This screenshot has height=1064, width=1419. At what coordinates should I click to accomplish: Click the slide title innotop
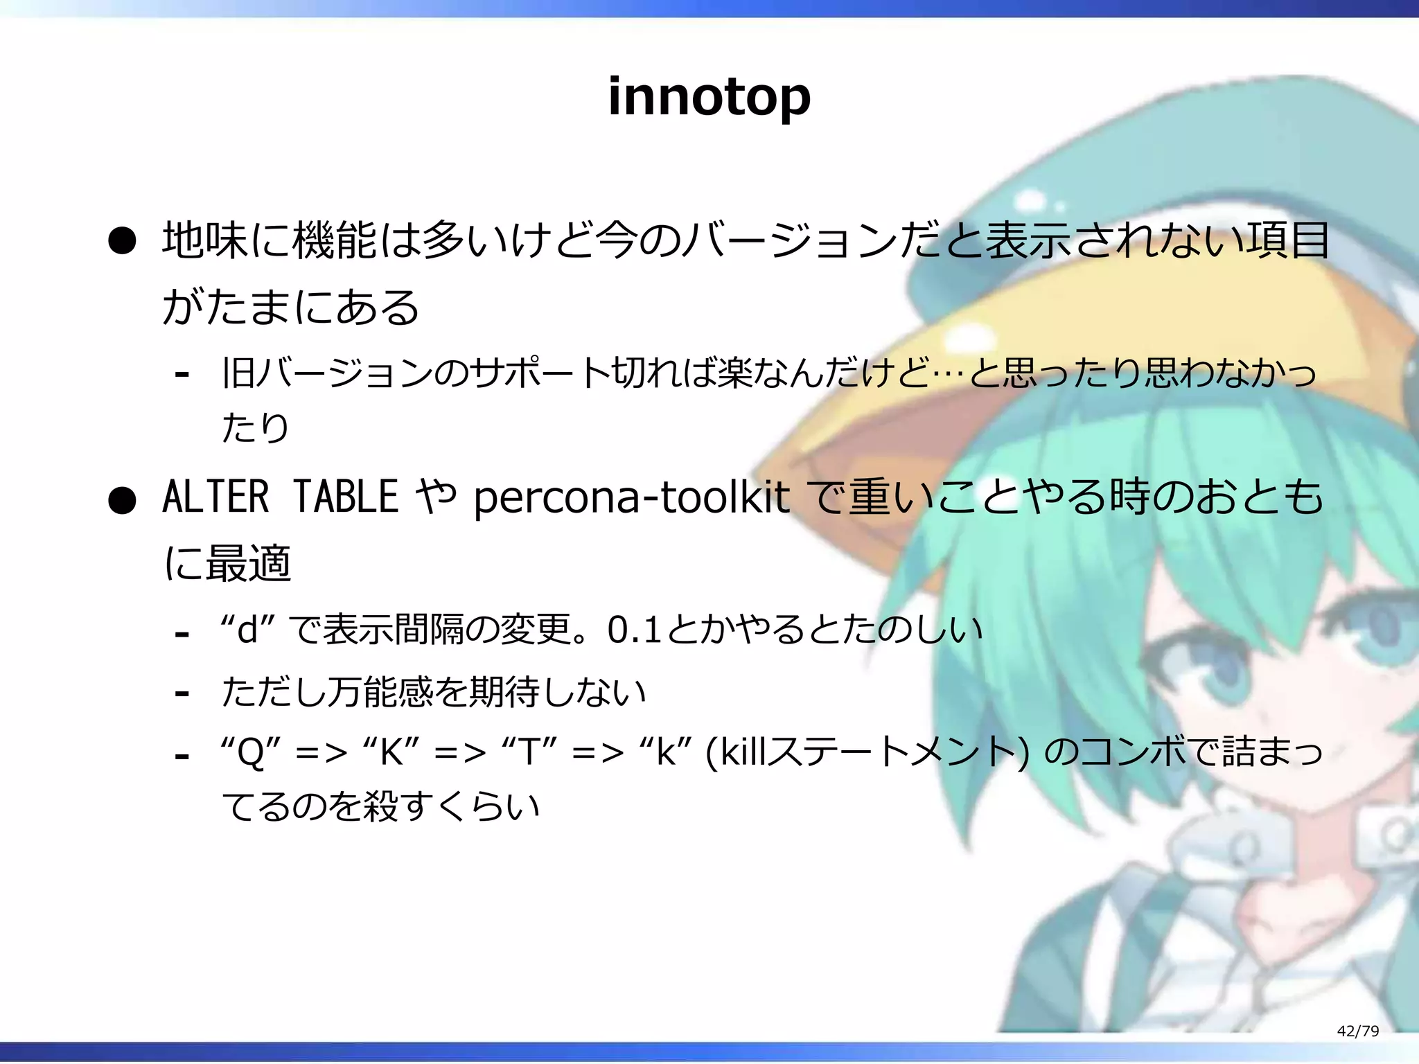click(x=709, y=97)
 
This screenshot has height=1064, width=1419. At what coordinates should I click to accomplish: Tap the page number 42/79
click(x=1357, y=1031)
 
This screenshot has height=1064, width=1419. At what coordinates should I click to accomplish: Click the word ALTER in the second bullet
click(x=215, y=497)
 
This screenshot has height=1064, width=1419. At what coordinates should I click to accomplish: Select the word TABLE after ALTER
click(x=345, y=497)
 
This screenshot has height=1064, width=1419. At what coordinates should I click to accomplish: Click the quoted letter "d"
click(x=249, y=630)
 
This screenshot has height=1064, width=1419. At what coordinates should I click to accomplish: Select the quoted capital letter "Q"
click(x=251, y=752)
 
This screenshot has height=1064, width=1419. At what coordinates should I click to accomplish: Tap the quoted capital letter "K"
click(x=391, y=752)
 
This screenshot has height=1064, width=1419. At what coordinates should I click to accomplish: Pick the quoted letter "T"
click(x=529, y=752)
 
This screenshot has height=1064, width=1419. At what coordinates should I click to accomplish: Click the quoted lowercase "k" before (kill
click(x=667, y=752)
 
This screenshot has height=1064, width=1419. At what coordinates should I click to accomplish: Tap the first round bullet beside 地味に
click(x=122, y=242)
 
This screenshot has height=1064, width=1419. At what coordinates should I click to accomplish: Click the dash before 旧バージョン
click(x=182, y=375)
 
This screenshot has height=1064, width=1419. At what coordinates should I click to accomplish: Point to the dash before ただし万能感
click(x=182, y=693)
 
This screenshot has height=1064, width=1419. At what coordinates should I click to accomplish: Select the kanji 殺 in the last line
click(x=380, y=806)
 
